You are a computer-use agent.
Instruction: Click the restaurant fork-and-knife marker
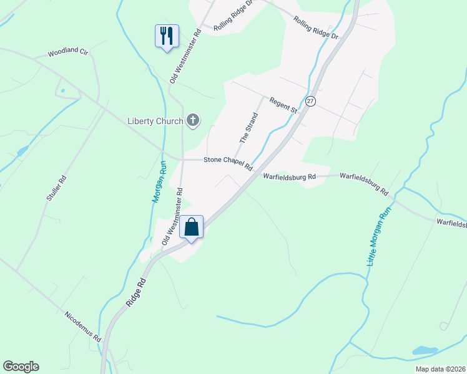pos(167,36)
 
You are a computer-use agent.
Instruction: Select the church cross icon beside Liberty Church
pos(193,120)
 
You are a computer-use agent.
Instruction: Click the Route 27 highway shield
pos(310,101)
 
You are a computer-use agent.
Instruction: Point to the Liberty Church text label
pos(155,121)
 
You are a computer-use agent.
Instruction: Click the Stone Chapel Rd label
pos(228,164)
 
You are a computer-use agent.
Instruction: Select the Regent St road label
pos(283,105)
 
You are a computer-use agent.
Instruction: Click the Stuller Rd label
pos(56,189)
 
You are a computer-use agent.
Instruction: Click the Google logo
pos(21,367)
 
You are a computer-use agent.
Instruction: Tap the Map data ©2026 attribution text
pos(431,368)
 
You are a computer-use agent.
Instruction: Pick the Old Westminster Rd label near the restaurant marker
pos(185,55)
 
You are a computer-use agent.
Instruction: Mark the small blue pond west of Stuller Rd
pos(22,151)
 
